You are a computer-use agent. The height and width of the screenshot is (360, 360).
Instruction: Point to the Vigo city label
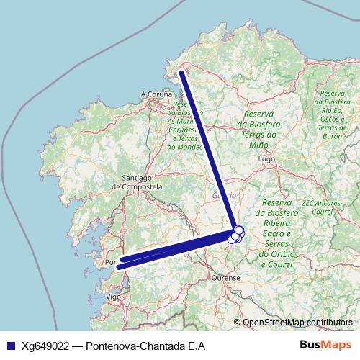click(x=113, y=296)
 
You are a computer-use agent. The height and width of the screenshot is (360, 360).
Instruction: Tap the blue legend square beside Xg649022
click(x=10, y=346)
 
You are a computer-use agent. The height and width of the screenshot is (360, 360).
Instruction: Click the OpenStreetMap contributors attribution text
click(x=297, y=323)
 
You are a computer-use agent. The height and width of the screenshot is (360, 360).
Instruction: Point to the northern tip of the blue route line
click(x=181, y=72)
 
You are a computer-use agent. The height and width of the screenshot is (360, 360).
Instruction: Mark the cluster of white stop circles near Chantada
click(x=236, y=234)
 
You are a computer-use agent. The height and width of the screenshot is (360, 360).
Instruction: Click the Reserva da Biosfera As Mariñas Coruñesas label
click(x=184, y=127)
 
